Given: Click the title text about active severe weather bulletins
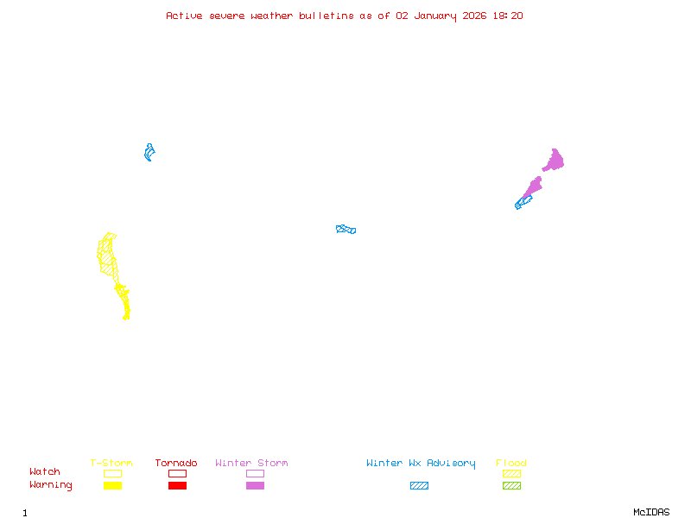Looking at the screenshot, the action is pos(345,16).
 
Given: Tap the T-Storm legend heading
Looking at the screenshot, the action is pos(111,463).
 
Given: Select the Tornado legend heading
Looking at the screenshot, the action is pos(176,463).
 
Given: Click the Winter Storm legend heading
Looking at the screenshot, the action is pos(251,463).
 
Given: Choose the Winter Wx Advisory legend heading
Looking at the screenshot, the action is pos(421,463).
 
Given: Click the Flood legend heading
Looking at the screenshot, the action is pos(511,463).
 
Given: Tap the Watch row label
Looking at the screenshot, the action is pos(45,472).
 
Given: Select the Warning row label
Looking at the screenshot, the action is pos(51,485).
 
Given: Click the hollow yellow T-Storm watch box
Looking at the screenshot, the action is pos(112,473).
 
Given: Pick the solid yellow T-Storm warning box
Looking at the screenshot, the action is pos(112,485).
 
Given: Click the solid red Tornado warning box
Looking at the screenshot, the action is pos(177,485).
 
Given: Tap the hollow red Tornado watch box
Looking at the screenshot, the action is pos(177,473).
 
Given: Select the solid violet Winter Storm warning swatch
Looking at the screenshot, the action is pos(255,485).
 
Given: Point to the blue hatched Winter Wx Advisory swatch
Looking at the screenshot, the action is pos(419,485).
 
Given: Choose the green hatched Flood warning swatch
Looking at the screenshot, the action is pos(511,485).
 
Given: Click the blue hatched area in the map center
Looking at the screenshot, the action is pos(345,229).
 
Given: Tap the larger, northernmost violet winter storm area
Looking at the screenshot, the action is pos(554,161).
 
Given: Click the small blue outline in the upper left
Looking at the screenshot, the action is pos(149,153).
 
